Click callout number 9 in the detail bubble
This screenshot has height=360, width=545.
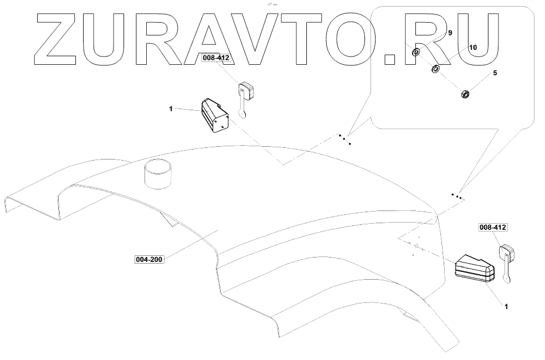click(x=450, y=33)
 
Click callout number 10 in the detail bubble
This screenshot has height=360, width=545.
click(x=472, y=48)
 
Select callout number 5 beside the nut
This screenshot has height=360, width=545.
click(x=495, y=73)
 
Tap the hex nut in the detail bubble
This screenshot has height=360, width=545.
click(x=466, y=94)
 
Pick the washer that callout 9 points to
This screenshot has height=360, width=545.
click(x=415, y=54)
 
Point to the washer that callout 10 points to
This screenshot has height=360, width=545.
click(x=435, y=69)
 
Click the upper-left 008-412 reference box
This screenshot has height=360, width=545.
click(x=215, y=57)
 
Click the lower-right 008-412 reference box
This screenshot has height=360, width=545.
click(x=492, y=228)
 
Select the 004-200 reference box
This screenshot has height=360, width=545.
click(x=149, y=259)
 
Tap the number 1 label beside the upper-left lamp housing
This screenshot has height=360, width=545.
click(x=172, y=110)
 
